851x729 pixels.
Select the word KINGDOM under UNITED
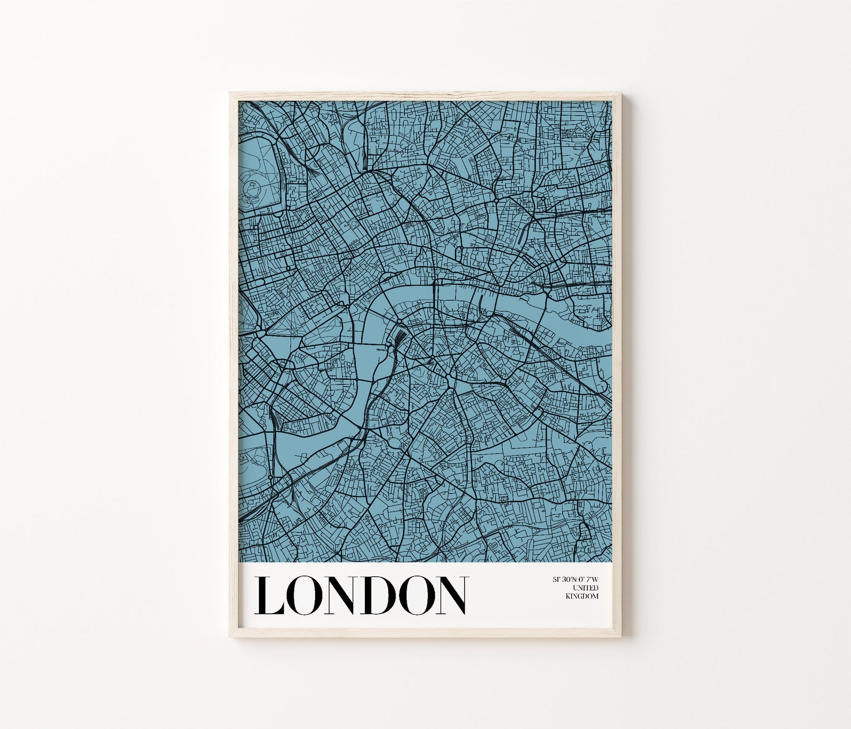583,596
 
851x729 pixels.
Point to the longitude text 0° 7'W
588,580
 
